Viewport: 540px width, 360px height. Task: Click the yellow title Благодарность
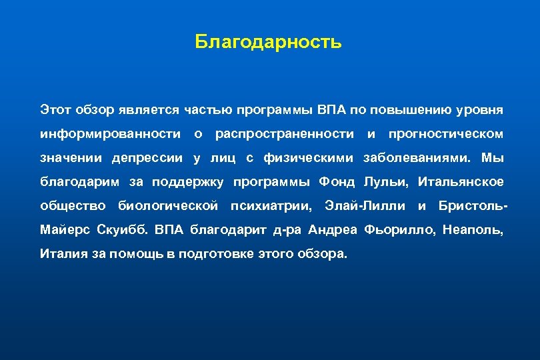tap(268, 43)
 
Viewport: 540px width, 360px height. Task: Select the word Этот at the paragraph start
tap(54, 109)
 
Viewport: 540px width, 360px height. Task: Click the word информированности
tap(110, 134)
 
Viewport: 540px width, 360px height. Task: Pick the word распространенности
tap(285, 134)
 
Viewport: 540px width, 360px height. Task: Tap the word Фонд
tap(337, 182)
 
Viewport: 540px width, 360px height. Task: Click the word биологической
tap(168, 206)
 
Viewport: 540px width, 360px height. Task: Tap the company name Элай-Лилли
tap(364, 206)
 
